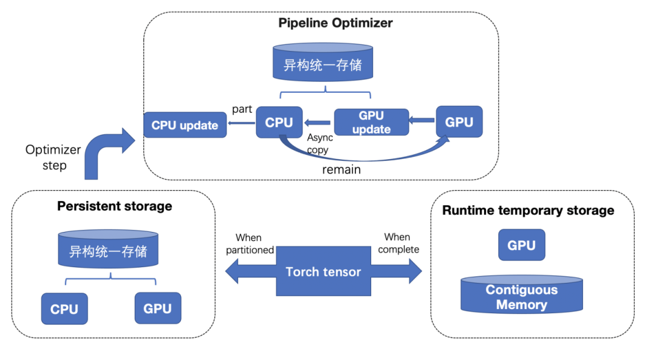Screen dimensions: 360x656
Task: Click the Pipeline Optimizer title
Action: (335, 23)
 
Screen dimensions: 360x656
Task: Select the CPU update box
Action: (185, 125)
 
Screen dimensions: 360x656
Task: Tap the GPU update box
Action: (371, 122)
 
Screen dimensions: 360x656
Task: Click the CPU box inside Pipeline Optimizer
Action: (279, 122)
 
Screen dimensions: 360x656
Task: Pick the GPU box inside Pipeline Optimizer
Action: (459, 122)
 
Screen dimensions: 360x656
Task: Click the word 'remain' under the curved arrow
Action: (341, 169)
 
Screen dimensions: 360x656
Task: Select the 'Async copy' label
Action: (319, 144)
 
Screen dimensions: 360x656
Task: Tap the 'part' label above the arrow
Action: (242, 109)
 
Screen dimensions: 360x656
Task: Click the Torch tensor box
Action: (323, 271)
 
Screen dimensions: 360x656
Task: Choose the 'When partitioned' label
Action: (250, 243)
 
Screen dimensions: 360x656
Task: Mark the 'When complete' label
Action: (398, 243)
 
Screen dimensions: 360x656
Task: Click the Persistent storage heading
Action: (114, 206)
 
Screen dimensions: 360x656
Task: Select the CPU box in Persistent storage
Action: (64, 308)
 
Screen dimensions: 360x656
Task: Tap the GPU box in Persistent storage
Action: (157, 308)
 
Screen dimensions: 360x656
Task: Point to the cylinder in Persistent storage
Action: (108, 250)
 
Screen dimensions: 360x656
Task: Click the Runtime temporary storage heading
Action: (528, 211)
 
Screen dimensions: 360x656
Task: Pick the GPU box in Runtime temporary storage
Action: (521, 245)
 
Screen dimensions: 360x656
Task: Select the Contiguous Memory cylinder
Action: (521, 296)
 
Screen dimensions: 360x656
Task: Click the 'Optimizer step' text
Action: (53, 157)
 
